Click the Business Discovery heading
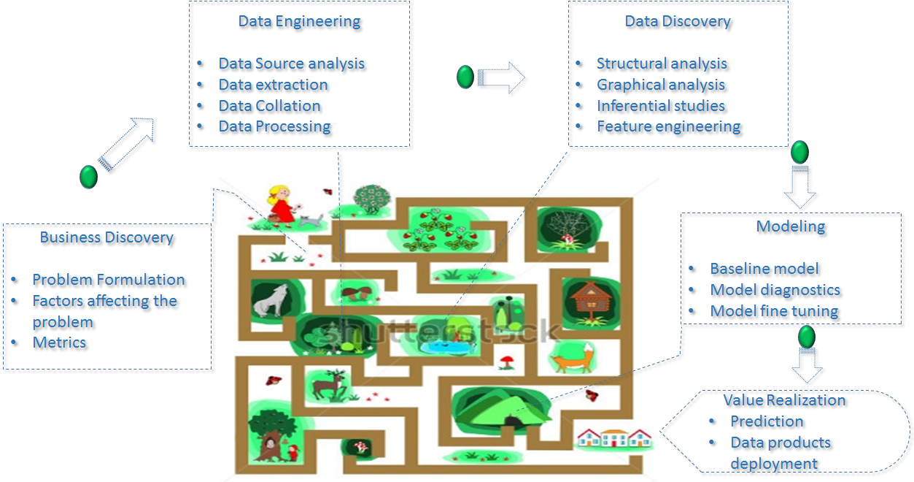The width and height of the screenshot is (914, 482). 106,237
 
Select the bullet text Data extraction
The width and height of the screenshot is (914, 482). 273,85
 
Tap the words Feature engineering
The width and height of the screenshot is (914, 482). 668,126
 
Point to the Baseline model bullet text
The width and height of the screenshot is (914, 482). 764,269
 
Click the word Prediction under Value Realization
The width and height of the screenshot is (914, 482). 767,421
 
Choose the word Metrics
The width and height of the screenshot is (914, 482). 59,343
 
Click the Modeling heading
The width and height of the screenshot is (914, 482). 791,226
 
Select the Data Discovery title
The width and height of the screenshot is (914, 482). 678,21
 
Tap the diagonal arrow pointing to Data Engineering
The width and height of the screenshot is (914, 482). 127,144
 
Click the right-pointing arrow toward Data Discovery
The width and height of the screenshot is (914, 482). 502,77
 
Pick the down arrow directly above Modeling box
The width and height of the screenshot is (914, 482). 799,188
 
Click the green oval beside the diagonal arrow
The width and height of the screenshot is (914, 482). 88,176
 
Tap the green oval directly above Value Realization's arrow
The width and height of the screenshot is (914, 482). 806,337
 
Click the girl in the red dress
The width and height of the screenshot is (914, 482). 281,204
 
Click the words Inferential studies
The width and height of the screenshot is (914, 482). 661,106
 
